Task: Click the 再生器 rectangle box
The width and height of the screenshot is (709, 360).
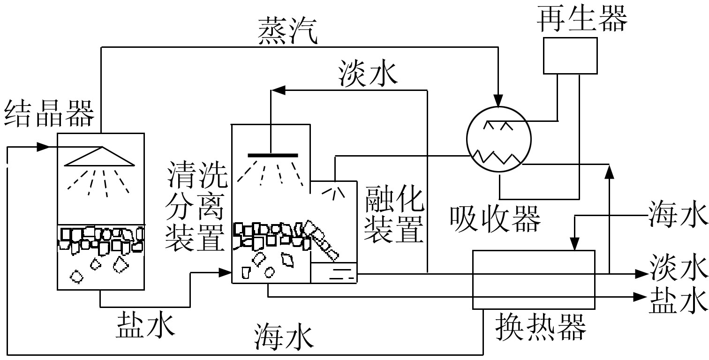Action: (570, 56)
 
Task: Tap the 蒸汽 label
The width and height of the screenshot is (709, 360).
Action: (287, 32)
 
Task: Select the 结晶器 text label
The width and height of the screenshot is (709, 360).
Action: (49, 114)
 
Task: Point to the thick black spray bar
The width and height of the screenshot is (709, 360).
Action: (272, 155)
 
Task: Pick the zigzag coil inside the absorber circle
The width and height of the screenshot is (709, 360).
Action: (498, 156)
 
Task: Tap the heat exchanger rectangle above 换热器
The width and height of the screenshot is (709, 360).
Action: (533, 279)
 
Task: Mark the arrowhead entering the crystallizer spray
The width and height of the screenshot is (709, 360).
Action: (43, 147)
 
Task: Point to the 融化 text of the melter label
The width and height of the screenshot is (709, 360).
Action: (395, 199)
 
